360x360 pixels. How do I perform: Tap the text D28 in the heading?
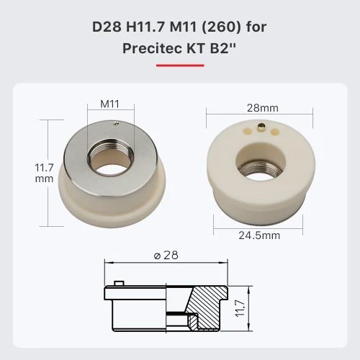coord(107,27)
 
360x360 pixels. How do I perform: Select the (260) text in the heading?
coord(221,27)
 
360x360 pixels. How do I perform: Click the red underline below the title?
coord(180,65)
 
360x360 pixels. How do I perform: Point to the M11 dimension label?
coord(109,104)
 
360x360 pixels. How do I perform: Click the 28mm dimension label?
coord(263,108)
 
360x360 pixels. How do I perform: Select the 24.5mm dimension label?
coord(259,235)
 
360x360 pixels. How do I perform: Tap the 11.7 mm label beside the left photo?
coord(44,173)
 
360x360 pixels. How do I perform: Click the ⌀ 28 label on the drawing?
coord(166,256)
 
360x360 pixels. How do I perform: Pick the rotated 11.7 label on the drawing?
coord(240,308)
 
